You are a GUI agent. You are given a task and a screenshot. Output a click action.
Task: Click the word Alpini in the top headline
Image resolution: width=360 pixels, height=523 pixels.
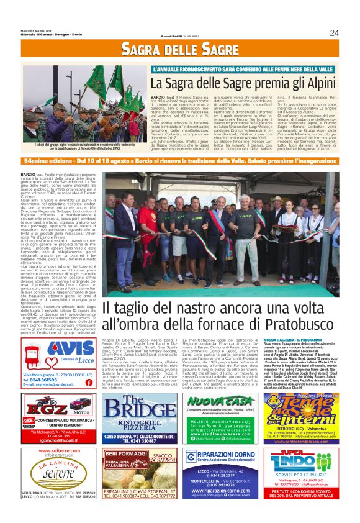pyautogui.click(x=318, y=82)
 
